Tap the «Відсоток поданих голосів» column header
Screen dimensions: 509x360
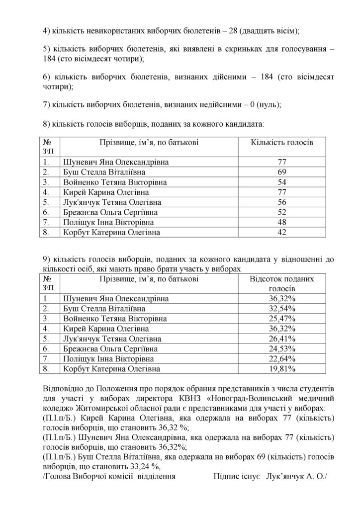coord(282,284)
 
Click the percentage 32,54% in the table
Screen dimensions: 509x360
coord(282,309)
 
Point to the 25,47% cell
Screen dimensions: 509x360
coord(282,319)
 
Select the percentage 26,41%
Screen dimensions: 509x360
coord(282,339)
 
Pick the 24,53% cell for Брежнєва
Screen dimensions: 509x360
coord(282,349)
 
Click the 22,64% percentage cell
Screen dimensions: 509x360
coord(282,359)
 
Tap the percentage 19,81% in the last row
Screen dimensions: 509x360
coord(282,369)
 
